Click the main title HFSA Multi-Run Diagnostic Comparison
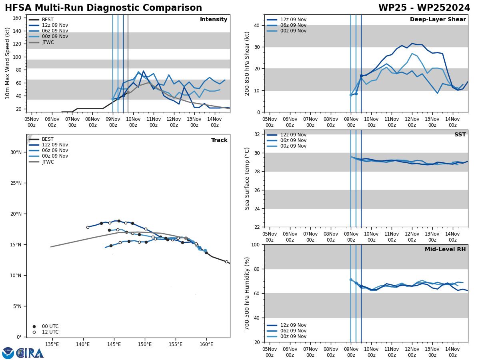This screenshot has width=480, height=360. pyautogui.click(x=103, y=8)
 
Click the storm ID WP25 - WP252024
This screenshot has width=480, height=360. pyautogui.click(x=424, y=8)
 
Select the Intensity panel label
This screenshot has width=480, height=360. pyautogui.click(x=214, y=20)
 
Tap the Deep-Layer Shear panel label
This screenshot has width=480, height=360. pyautogui.click(x=438, y=20)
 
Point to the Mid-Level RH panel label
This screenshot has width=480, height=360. pyautogui.click(x=445, y=250)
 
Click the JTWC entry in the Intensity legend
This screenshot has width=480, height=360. pyautogui.click(x=48, y=42)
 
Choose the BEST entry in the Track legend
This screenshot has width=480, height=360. pyautogui.click(x=48, y=139)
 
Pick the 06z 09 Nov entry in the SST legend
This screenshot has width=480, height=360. pyautogui.click(x=293, y=140)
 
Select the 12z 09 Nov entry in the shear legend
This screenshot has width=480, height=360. pyautogui.click(x=293, y=20)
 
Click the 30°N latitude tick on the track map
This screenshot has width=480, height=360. pyautogui.click(x=16, y=152)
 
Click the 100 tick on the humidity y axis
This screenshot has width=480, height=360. pyautogui.click(x=255, y=244)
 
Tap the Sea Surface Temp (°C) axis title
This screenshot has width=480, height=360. pyautogui.click(x=248, y=178)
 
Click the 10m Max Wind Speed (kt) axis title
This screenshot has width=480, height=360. pyautogui.click(x=8, y=63)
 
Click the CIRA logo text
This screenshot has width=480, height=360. pyautogui.click(x=30, y=353)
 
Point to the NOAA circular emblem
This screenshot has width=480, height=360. pyautogui.click(x=8, y=353)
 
